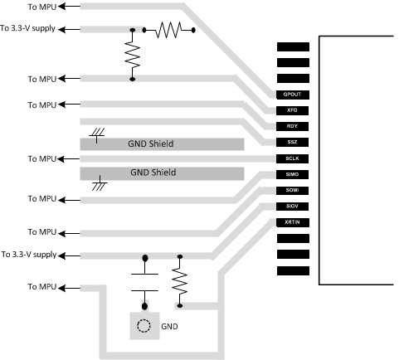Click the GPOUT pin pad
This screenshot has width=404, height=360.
(291, 95)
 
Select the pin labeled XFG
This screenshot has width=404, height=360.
(291, 110)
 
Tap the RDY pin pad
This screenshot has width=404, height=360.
(291, 126)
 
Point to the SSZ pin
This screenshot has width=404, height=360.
(291, 142)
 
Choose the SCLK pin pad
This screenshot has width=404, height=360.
(291, 158)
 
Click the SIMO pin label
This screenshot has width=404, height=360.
(291, 174)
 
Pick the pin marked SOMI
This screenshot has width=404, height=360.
(291, 190)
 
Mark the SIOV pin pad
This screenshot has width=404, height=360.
(291, 207)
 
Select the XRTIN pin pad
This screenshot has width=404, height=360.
(291, 222)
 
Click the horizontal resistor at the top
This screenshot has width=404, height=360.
(169, 32)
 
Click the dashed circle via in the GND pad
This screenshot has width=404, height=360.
(146, 326)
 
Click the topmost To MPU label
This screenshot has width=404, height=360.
(42, 7)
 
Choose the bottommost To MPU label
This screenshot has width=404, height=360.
(42, 286)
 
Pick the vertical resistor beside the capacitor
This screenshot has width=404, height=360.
(178, 281)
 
